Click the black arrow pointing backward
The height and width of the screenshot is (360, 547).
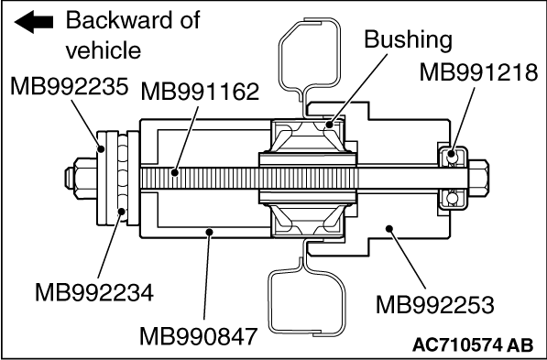click(34, 22)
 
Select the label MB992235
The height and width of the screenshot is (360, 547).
click(69, 86)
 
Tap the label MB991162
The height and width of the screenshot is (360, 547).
click(200, 92)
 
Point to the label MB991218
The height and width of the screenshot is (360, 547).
click(478, 72)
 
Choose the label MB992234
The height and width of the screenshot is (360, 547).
click(94, 292)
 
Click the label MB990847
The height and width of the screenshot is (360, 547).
click(199, 336)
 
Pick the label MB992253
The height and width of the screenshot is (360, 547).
click(434, 305)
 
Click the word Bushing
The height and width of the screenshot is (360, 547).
click(408, 39)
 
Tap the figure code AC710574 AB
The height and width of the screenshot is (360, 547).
click(473, 345)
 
